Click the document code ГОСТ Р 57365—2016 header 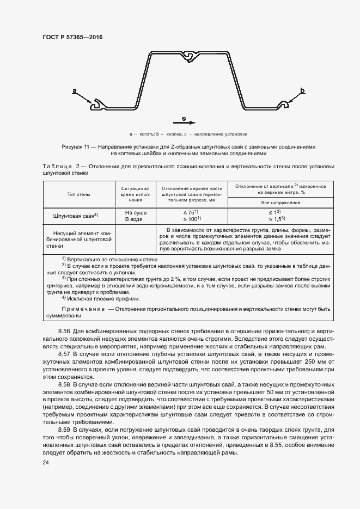[72, 37]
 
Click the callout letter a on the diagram [75, 92]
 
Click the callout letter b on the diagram [302, 91]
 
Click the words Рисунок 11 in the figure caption [77, 147]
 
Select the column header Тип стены [79, 194]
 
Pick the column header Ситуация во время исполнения [135, 194]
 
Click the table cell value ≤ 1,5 [278, 219]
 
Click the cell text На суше [135, 212]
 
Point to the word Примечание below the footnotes [83, 309]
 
